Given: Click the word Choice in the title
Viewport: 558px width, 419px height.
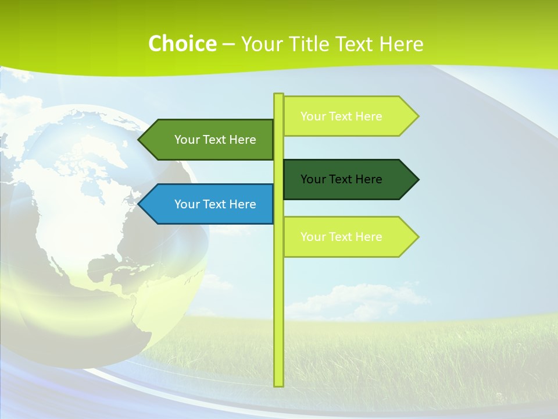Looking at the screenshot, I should (182, 44).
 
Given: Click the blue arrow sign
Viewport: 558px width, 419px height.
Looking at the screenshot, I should (209, 204).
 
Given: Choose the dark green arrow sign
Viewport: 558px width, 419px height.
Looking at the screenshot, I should (349, 179).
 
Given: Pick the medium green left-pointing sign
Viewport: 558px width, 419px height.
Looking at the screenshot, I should (209, 140).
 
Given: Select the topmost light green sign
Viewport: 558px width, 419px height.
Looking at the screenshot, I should (349, 116).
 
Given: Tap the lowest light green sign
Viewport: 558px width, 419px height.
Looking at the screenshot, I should (349, 237).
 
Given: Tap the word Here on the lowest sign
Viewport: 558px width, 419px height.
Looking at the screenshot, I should (370, 237).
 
